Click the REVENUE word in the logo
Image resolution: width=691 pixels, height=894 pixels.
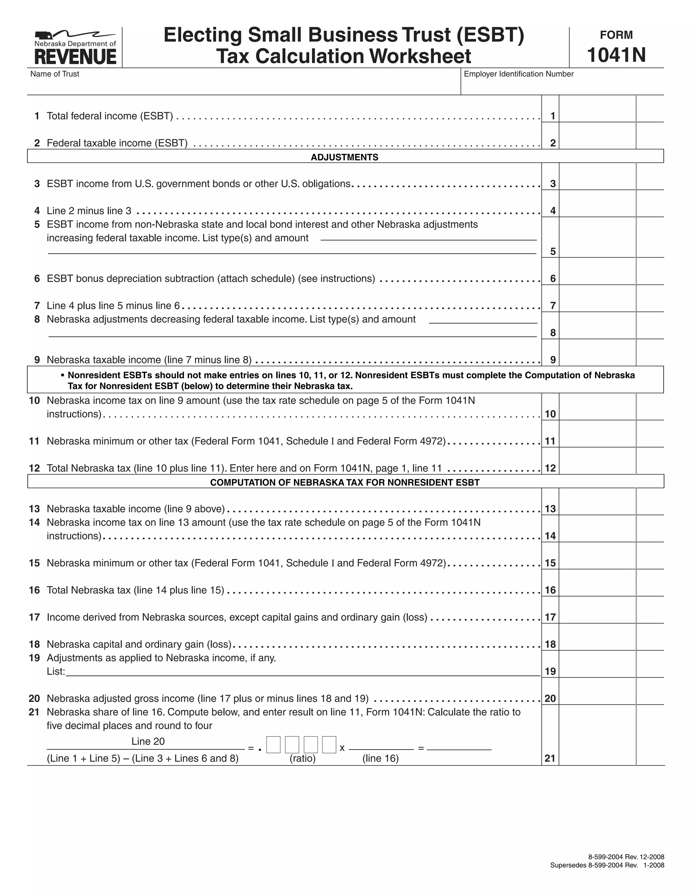click(75, 57)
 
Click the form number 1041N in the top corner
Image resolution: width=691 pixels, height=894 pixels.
click(616, 55)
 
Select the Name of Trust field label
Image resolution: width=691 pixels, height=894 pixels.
click(55, 74)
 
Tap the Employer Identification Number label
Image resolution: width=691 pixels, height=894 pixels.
click(518, 74)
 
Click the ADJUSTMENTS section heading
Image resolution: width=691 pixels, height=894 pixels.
click(344, 157)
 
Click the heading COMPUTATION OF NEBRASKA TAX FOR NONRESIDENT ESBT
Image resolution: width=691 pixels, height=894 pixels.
click(344, 482)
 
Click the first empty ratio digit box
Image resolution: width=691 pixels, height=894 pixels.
click(273, 745)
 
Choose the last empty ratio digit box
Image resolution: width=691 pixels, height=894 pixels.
click(329, 745)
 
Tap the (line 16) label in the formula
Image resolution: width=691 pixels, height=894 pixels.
click(380, 758)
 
